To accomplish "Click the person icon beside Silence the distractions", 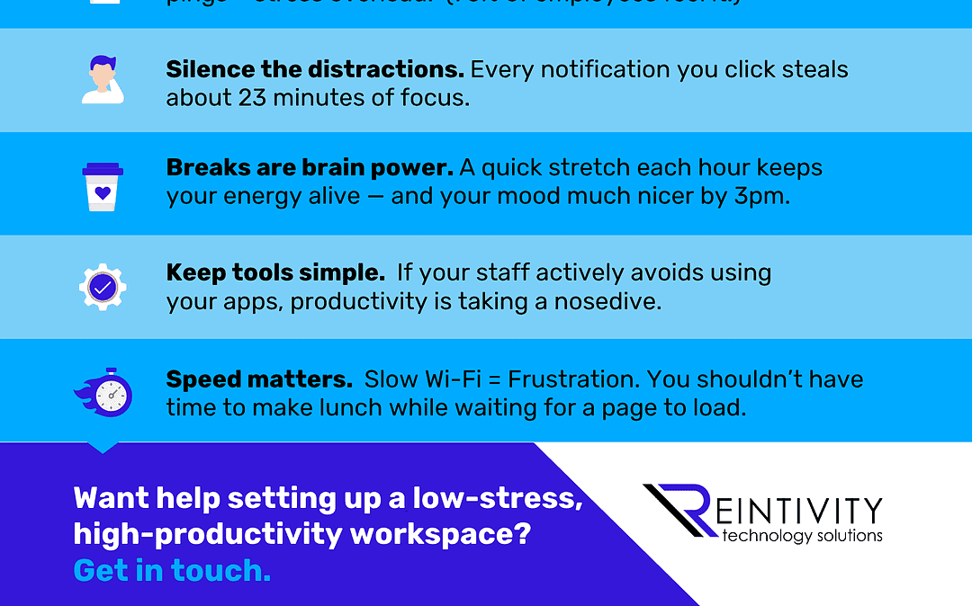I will point(103,80).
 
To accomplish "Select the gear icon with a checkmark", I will point(103,287).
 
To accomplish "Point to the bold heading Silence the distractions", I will point(315,70).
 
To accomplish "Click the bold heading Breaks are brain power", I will point(310,168).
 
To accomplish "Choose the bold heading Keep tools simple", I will point(275,272).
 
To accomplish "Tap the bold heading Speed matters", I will point(259,379).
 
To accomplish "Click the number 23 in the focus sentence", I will point(253,97).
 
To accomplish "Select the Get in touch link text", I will point(172,570).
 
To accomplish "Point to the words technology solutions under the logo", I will point(803,536).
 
